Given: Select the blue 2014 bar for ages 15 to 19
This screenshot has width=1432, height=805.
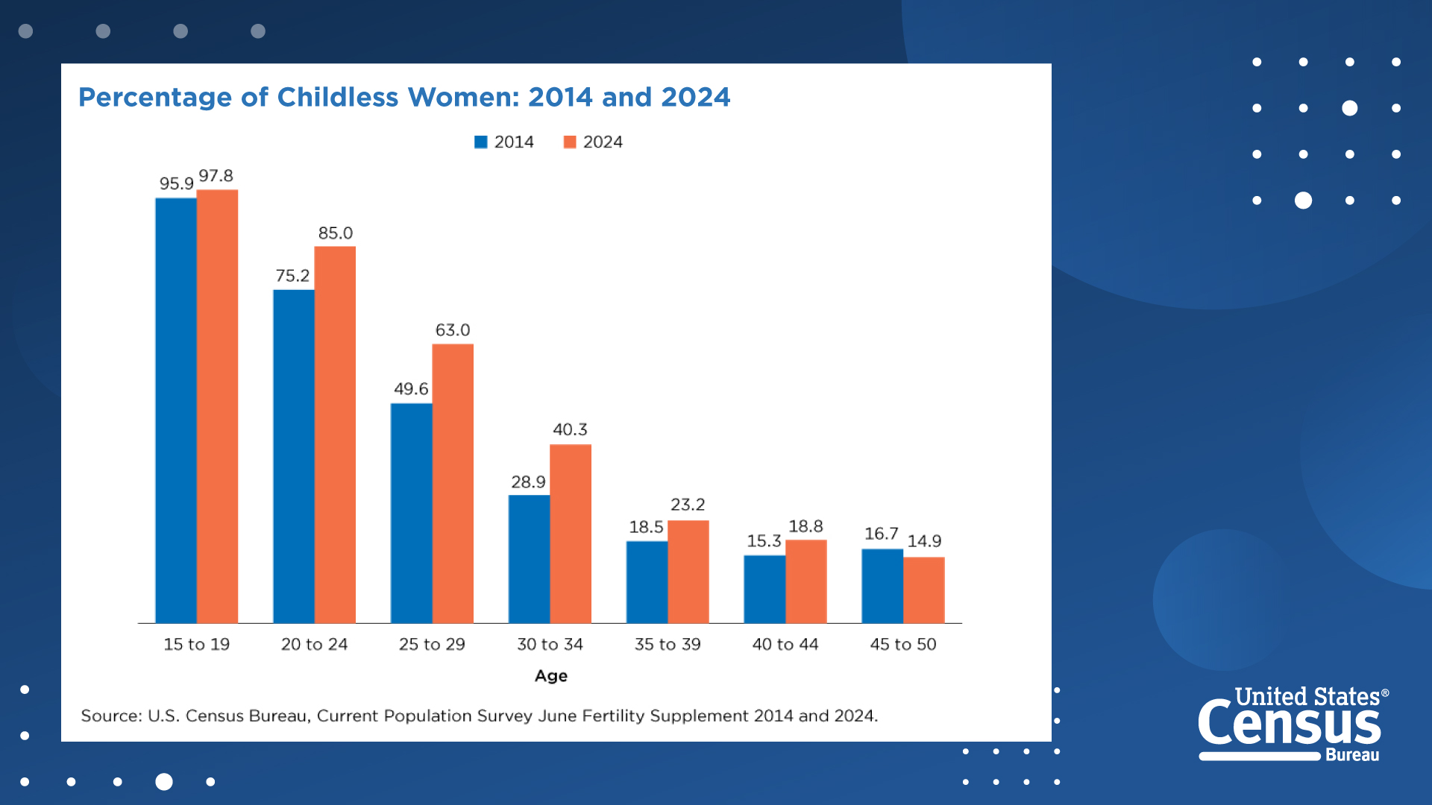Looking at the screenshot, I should pos(176,410).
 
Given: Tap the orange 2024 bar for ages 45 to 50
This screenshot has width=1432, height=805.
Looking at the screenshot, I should pos(924,590).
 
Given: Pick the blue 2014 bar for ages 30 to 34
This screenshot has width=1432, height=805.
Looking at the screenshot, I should pos(529,559).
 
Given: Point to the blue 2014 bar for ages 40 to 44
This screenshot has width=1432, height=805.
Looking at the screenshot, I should pos(764,589).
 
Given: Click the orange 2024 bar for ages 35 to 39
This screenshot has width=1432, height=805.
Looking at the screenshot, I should pos(688,572).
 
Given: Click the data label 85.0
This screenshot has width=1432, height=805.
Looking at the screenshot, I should pos(336,233).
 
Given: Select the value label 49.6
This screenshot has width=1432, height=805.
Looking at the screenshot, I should pos(411,389).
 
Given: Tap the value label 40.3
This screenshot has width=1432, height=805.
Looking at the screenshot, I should pos(570,430).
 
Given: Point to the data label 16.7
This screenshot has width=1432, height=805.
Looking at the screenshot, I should pos(881,534).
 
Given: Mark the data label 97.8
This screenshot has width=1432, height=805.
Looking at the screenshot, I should pos(216,176).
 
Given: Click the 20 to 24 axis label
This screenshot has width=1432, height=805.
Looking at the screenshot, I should pos(314,645).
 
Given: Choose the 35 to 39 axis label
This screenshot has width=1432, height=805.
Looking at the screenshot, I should pos(668,645).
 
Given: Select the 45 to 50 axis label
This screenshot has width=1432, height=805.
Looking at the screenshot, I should pos(903,645).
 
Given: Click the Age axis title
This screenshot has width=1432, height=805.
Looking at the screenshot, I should pos(551,676).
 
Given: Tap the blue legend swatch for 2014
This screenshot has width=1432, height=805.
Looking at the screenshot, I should pos(481,142).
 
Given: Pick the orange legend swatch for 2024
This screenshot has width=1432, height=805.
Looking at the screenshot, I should pos(570,142).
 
